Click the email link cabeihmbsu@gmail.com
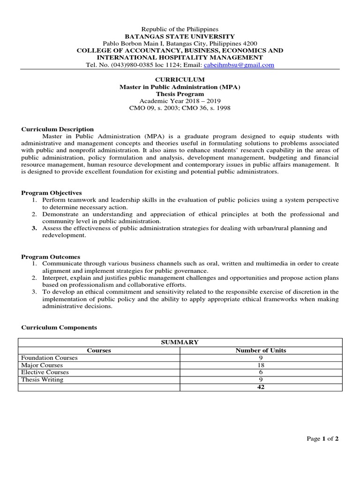point(239,65)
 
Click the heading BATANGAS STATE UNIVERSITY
point(179,37)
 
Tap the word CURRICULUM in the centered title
point(180,80)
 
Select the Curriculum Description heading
point(58,129)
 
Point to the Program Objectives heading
point(52,193)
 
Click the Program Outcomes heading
point(51,257)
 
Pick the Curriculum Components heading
point(59,328)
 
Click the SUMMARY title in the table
point(180,343)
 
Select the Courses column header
point(99,350)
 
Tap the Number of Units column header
point(261,350)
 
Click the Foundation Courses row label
point(49,358)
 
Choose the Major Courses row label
point(42,365)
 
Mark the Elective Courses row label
point(45,372)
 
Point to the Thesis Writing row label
point(42,380)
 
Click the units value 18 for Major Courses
point(261,365)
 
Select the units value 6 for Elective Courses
point(261,372)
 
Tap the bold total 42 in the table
point(261,387)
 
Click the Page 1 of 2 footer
point(322,439)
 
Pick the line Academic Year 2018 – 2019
point(180,101)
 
